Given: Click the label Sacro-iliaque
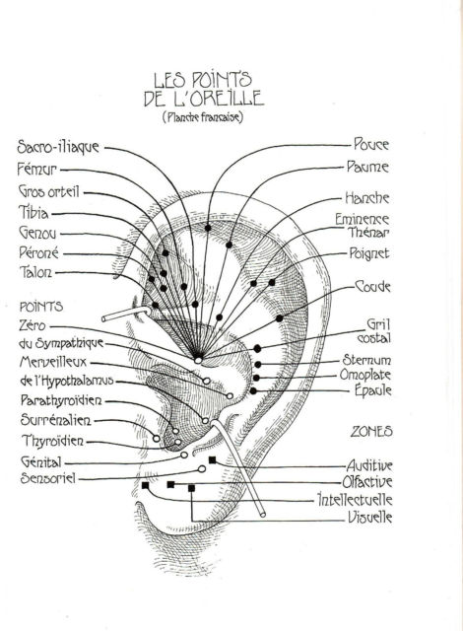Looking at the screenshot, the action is pos(58,147).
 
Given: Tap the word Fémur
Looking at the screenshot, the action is pos(37,169).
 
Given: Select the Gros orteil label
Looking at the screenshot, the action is pos(49,191).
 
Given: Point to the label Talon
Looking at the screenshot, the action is pos(35,272).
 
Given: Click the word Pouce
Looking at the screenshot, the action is pos(371,144).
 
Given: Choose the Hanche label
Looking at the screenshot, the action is pos(367,197).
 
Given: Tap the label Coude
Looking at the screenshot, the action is pos(373,287).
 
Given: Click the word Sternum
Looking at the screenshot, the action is pos(366,359).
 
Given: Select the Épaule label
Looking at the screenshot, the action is pos(373,389).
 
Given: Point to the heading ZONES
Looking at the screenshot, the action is pos(371,432).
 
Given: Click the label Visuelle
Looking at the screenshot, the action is pos(369,517).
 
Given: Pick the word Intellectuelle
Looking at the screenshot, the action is pos(355,500).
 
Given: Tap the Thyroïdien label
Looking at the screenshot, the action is pos(53,441).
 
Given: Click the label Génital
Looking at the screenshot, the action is pos(40,461).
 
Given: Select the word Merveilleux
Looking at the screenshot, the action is pos(53,362).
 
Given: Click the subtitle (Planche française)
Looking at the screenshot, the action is pos(203,117).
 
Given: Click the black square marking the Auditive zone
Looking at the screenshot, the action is pos(212,460).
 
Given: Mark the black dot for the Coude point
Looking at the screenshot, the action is pos(280,318).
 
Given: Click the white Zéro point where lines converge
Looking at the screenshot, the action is pos(198,360).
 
